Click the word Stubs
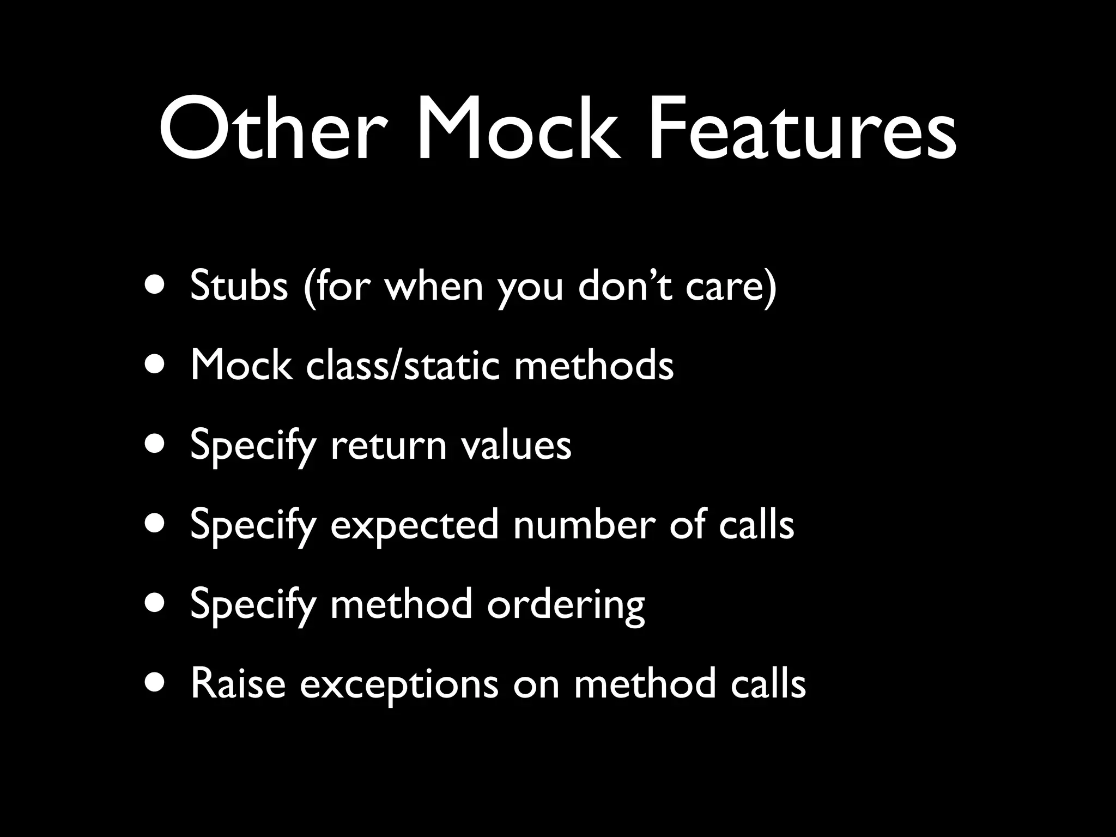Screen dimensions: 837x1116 pyautogui.click(x=239, y=286)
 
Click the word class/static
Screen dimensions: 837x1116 pyautogui.click(x=403, y=365)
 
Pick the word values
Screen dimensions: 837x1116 pyautogui.click(x=516, y=445)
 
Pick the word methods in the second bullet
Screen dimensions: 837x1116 pyautogui.click(x=594, y=365)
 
